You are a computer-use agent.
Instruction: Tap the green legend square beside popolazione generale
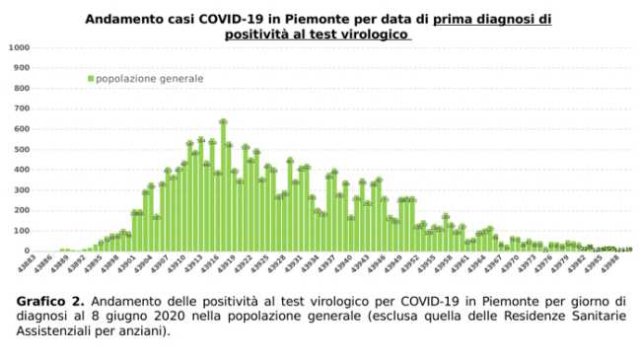click(91, 78)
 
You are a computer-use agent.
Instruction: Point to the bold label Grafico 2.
click(49, 298)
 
